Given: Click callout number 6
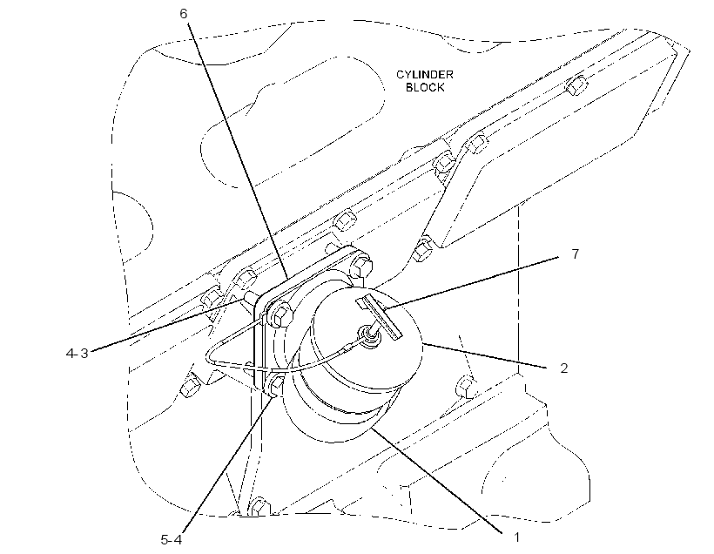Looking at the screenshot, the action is tap(183, 14).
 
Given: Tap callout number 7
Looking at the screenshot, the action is tap(576, 253).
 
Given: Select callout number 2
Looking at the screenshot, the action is tap(563, 368).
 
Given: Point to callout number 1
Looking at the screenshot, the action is tap(516, 537).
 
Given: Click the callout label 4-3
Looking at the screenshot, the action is tap(77, 353).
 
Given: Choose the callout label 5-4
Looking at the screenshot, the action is tap(172, 540).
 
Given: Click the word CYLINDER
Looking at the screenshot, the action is tap(424, 74).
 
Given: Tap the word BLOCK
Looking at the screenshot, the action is tap(425, 87).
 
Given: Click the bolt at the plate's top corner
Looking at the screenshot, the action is tap(361, 267).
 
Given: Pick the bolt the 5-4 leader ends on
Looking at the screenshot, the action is tap(276, 385).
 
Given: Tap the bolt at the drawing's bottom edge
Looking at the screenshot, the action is tap(259, 506).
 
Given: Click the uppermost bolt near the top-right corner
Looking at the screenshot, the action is tap(576, 85).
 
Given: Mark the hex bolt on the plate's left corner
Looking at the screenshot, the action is tap(280, 314).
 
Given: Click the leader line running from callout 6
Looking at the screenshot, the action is tap(237, 151).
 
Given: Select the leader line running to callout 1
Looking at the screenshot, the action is tap(437, 480).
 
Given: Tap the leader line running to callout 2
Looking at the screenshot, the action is tap(484, 355).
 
